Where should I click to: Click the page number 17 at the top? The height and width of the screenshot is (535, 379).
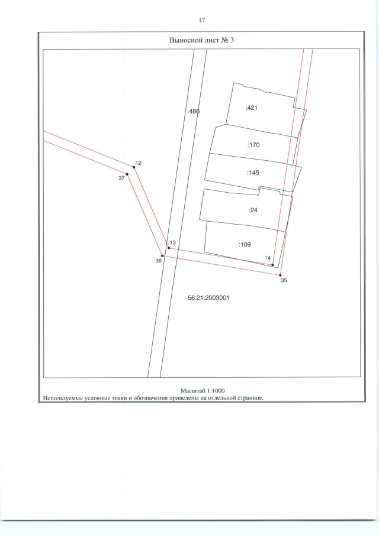click(201, 21)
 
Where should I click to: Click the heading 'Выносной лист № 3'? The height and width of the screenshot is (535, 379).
click(201, 40)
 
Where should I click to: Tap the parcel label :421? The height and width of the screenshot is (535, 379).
click(252, 108)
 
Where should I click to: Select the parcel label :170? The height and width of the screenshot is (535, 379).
click(253, 145)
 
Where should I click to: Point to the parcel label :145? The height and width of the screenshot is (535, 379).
click(253, 173)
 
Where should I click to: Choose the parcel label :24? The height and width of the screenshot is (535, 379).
click(253, 210)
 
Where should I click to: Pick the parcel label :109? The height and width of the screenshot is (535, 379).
click(245, 244)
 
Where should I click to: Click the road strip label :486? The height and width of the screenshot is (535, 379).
click(194, 111)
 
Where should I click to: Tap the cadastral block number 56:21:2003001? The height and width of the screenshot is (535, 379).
click(208, 297)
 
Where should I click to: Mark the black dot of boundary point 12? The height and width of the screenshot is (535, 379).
click(134, 167)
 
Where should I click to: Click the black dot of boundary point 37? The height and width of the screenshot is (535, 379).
click(127, 174)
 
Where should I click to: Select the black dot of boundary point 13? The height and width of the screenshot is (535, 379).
click(169, 248)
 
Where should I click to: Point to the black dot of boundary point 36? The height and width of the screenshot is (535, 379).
click(163, 256)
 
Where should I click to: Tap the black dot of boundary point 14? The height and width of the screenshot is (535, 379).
click(273, 265)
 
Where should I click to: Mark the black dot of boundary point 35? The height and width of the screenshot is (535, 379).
click(280, 275)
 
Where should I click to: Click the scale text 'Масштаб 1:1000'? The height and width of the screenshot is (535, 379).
click(203, 391)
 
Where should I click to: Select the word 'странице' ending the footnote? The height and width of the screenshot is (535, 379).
click(251, 398)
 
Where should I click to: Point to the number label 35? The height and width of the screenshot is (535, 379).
click(284, 281)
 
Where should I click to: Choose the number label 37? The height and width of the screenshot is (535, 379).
click(121, 178)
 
